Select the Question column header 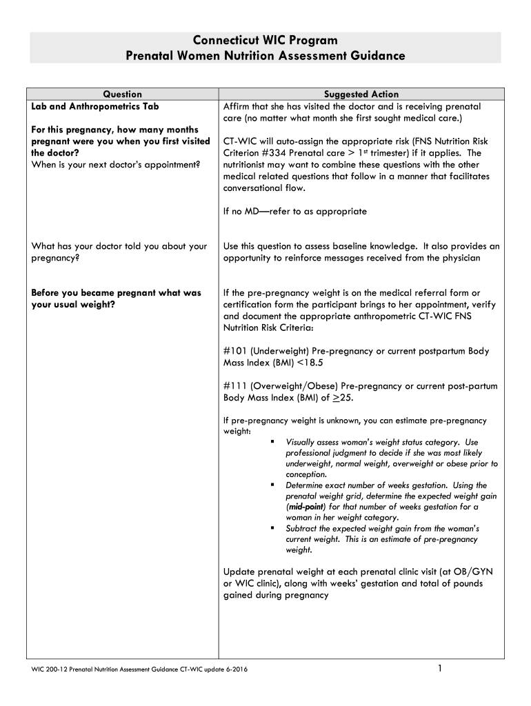[123, 94]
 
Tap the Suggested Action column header [361, 94]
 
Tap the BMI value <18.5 [310, 363]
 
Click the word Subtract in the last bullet [302, 528]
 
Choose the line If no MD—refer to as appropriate [295, 212]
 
